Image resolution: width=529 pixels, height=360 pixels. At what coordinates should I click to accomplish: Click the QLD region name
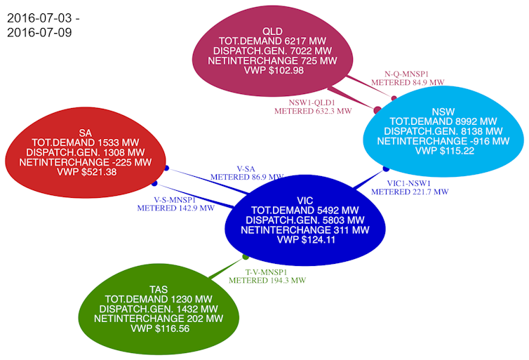click(273, 32)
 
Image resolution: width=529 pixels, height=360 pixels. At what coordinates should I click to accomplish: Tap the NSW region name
click(443, 111)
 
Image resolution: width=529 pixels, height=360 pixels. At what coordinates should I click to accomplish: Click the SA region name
click(86, 133)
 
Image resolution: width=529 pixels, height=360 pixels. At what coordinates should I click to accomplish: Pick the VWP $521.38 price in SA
click(86, 172)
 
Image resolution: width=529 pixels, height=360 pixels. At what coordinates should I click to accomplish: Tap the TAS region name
click(159, 289)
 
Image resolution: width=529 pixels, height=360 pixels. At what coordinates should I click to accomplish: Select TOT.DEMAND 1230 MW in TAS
click(159, 299)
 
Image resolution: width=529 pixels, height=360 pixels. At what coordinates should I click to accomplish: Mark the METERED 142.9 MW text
click(175, 208)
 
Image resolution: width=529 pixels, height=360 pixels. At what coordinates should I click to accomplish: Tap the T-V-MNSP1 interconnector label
click(267, 272)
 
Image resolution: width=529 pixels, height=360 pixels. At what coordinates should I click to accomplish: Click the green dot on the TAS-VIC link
click(246, 257)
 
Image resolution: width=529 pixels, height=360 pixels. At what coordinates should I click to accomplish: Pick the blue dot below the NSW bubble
click(386, 168)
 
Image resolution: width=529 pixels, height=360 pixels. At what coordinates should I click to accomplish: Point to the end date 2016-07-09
click(39, 33)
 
